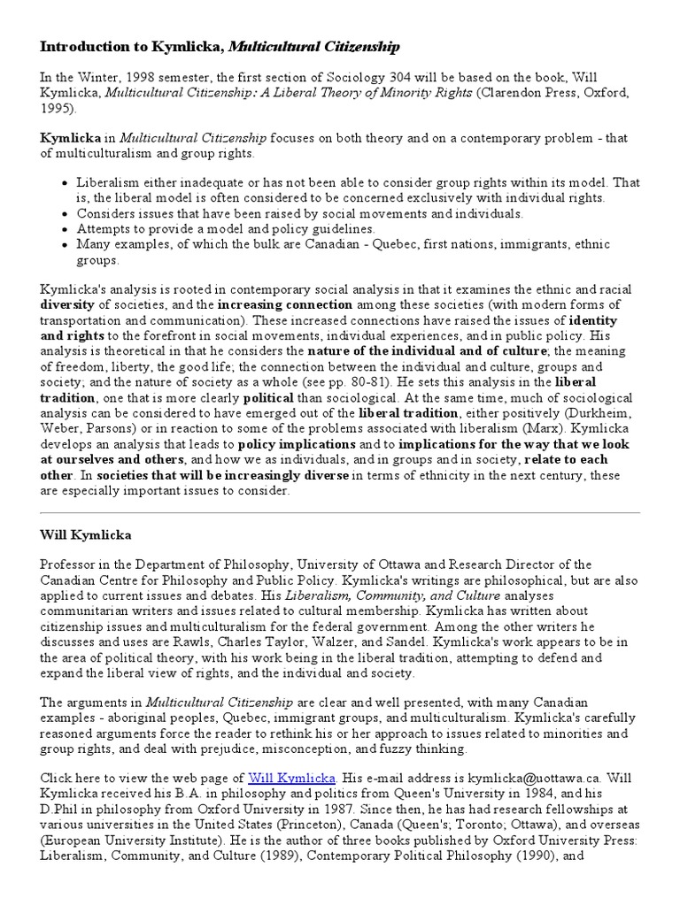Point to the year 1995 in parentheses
(58, 109)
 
